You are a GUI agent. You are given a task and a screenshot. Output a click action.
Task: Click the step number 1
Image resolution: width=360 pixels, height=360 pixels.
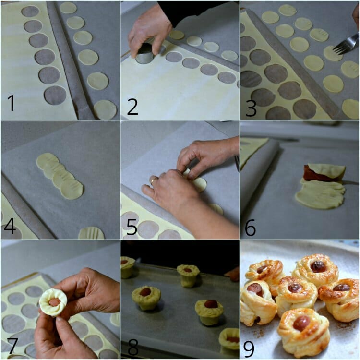tap(11, 103)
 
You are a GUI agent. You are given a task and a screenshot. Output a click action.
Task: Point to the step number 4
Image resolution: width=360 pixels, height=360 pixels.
tap(10, 227)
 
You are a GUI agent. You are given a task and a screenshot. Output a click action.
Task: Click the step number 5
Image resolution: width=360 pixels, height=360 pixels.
tap(132, 227)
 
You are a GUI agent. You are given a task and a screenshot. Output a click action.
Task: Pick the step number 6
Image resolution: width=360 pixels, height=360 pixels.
tap(250, 228)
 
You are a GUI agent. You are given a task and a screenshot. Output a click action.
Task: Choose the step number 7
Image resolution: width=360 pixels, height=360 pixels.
tap(12, 346)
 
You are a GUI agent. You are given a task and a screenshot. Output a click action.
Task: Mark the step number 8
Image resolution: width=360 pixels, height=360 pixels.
tap(133, 348)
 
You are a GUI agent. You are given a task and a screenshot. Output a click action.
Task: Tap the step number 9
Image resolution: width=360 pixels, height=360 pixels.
tap(249, 348)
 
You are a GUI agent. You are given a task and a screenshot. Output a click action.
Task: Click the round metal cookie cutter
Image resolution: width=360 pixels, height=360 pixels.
tap(144, 55)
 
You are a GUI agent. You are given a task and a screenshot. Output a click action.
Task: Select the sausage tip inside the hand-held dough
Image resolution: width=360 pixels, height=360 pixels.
tap(55, 302)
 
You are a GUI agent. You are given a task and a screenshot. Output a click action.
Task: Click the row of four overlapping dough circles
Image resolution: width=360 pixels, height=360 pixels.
tap(60, 176)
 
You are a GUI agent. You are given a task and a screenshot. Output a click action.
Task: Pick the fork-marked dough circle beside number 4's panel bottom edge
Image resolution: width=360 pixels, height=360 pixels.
tap(91, 233)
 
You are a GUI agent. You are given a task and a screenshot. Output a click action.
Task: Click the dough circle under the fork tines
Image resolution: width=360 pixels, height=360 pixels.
tap(333, 53)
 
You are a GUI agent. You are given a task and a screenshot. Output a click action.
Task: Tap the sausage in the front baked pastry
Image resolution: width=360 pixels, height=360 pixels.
tap(302, 323)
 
